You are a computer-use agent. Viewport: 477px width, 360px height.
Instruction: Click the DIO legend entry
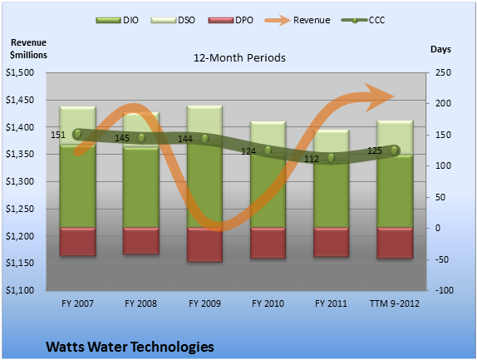pos(117,20)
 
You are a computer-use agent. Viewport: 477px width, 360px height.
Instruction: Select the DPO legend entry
pos(230,20)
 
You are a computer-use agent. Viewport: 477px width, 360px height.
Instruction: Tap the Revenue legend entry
pos(298,20)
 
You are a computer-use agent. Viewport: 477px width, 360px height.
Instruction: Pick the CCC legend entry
pos(363,20)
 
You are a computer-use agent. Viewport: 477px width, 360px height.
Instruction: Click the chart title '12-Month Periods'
pos(239,58)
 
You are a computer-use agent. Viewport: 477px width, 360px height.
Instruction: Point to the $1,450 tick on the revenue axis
pos(20,100)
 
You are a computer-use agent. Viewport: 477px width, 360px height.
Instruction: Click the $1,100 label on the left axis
pos(20,290)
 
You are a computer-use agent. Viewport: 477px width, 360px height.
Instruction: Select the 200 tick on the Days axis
pos(443,103)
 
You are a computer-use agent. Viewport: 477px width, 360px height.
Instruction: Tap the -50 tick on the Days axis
pos(442,259)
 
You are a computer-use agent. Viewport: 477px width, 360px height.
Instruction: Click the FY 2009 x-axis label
pos(204,303)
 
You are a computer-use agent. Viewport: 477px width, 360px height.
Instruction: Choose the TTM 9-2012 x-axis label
pos(394,303)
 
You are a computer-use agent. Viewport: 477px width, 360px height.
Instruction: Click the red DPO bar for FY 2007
pos(77,241)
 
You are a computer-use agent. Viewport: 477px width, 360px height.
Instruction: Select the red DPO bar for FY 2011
pos(331,242)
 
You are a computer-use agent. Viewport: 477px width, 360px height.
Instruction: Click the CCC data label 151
pos(58,135)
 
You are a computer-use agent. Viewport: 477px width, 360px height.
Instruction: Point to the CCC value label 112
pos(312,159)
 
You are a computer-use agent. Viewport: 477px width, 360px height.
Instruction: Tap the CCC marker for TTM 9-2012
pos(394,150)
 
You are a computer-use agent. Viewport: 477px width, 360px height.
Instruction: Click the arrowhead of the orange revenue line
pos(379,97)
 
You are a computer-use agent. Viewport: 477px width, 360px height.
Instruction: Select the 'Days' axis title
pos(440,49)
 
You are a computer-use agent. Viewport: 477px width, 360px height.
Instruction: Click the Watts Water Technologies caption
pos(130,347)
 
